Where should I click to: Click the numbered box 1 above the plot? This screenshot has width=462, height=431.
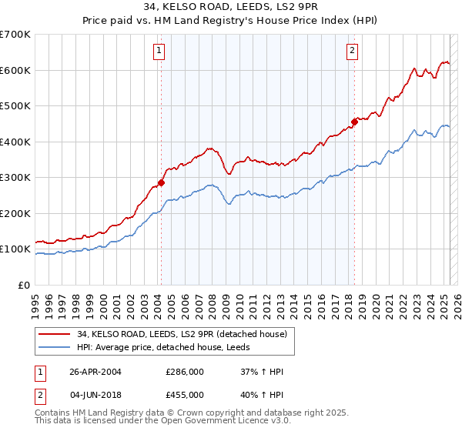click(x=159, y=52)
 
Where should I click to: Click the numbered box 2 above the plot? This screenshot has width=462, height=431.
click(x=352, y=52)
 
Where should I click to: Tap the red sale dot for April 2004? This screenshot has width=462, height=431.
click(x=161, y=182)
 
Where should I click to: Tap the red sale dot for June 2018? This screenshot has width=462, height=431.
click(x=355, y=122)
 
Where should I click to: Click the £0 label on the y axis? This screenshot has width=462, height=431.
click(x=23, y=285)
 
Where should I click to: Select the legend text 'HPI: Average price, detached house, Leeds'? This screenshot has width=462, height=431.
click(x=169, y=347)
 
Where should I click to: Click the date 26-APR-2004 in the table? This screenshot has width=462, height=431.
click(x=95, y=372)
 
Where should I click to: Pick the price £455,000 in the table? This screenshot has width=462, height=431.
click(x=185, y=394)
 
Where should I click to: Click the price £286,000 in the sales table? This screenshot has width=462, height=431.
click(x=185, y=372)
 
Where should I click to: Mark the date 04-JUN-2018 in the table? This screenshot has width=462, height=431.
click(x=95, y=394)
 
